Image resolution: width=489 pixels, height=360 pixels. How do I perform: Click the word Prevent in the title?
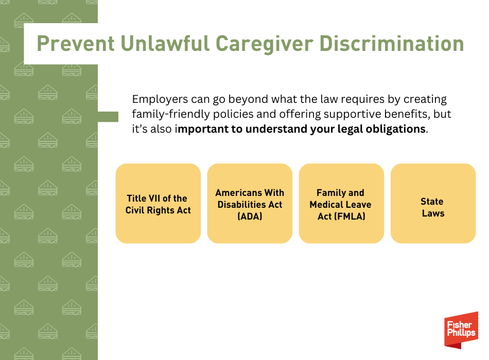[x=76, y=43]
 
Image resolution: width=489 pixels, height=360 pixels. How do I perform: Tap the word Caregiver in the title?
[x=265, y=44]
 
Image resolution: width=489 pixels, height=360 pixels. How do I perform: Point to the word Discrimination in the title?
[x=392, y=43]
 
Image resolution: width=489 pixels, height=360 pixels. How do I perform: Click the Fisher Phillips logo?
[x=461, y=330]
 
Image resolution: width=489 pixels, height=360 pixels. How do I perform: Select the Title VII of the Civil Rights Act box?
[x=158, y=203]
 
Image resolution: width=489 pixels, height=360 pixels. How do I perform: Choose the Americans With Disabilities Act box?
[x=250, y=203]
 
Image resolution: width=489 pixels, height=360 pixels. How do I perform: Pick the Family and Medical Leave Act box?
[x=341, y=203]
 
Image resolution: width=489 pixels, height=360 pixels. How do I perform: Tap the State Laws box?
[x=433, y=203]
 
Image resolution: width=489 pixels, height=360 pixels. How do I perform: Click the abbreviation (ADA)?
[x=250, y=217]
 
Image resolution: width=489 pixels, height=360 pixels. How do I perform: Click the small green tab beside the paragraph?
[x=108, y=117]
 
